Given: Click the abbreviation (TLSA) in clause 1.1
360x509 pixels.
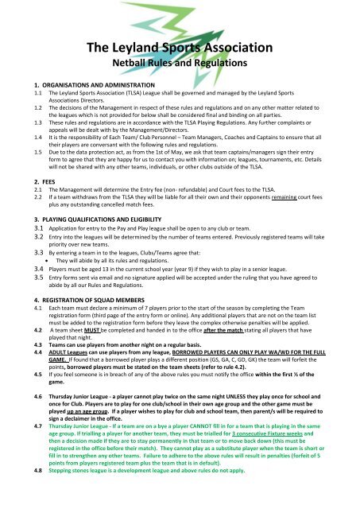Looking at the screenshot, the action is [x=141, y=92].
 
